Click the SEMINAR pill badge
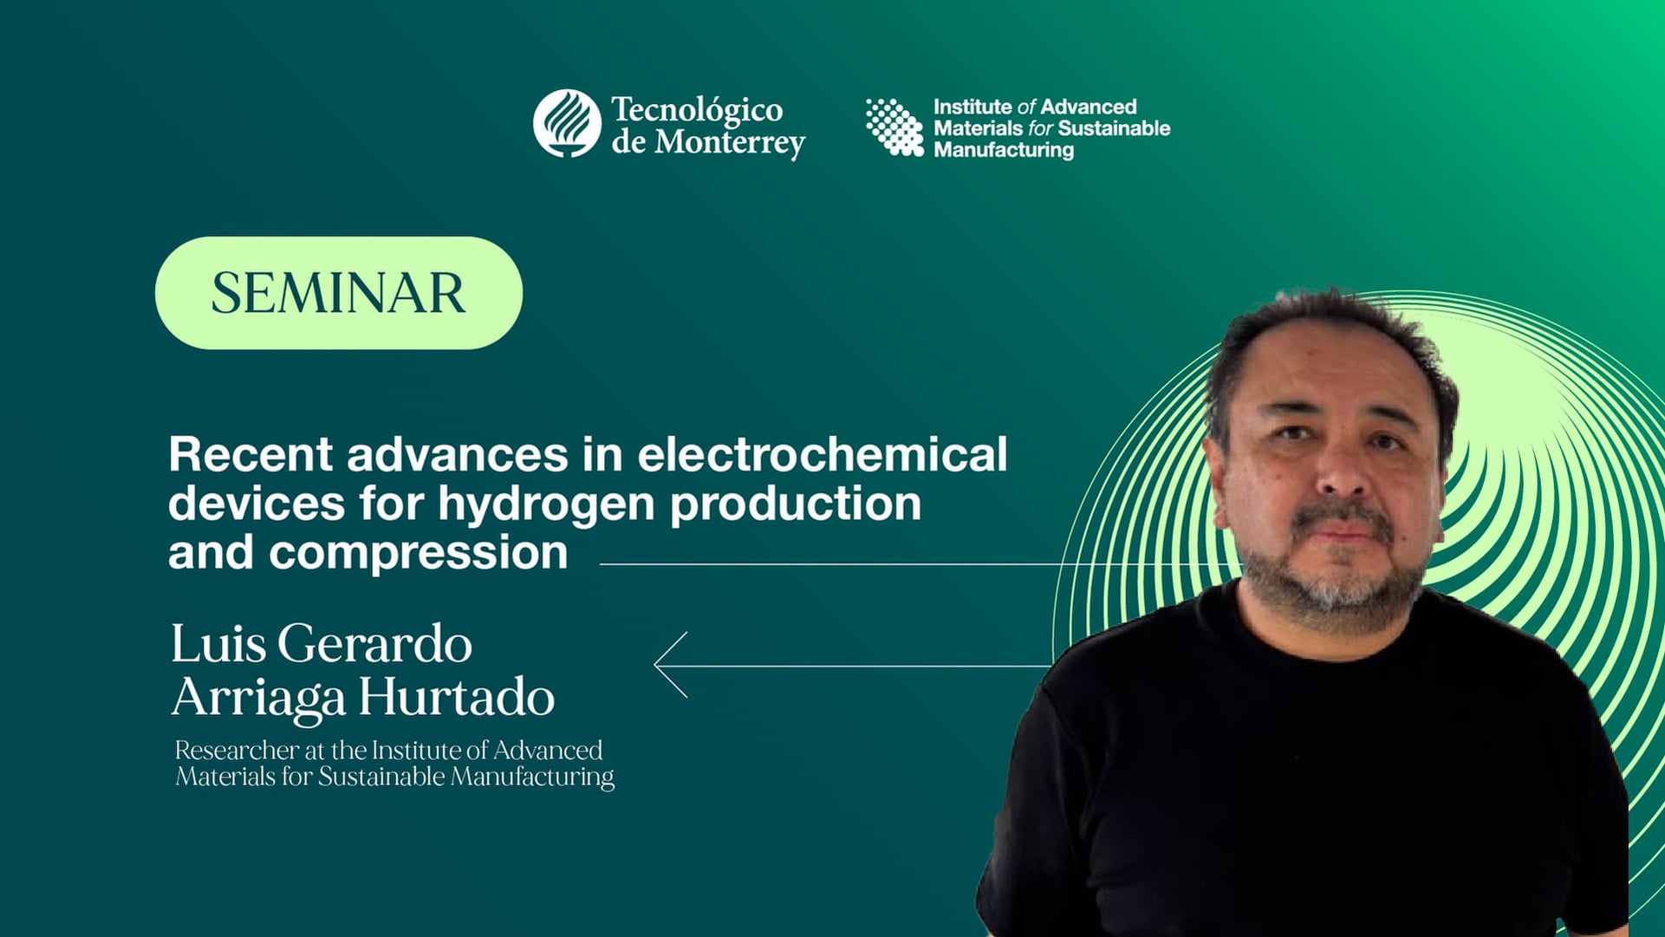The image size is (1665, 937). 338,293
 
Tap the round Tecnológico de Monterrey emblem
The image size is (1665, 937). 567,123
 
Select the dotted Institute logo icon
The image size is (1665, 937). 894,127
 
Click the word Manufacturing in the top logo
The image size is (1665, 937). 1004,150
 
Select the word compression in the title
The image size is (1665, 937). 418,552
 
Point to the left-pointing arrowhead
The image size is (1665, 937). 669,665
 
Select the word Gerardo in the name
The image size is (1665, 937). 374,645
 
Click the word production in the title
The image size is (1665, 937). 795,504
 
